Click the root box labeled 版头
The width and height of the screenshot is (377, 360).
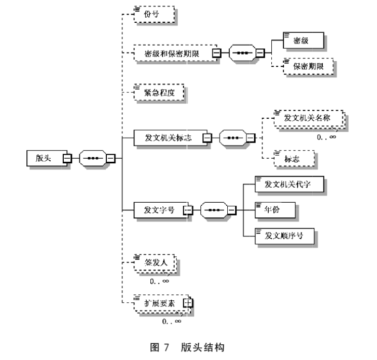(45, 158)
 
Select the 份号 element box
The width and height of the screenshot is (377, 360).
(155, 14)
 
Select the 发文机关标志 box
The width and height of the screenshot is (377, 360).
(169, 137)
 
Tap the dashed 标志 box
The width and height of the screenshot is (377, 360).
(294, 158)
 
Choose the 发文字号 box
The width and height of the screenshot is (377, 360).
(159, 209)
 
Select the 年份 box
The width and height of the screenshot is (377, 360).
(275, 209)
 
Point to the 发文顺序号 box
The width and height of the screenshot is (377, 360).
(283, 235)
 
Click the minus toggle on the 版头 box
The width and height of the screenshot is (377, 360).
(67, 158)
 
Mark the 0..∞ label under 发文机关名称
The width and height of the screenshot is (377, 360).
(326, 137)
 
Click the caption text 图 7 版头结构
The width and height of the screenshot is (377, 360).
(188, 347)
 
